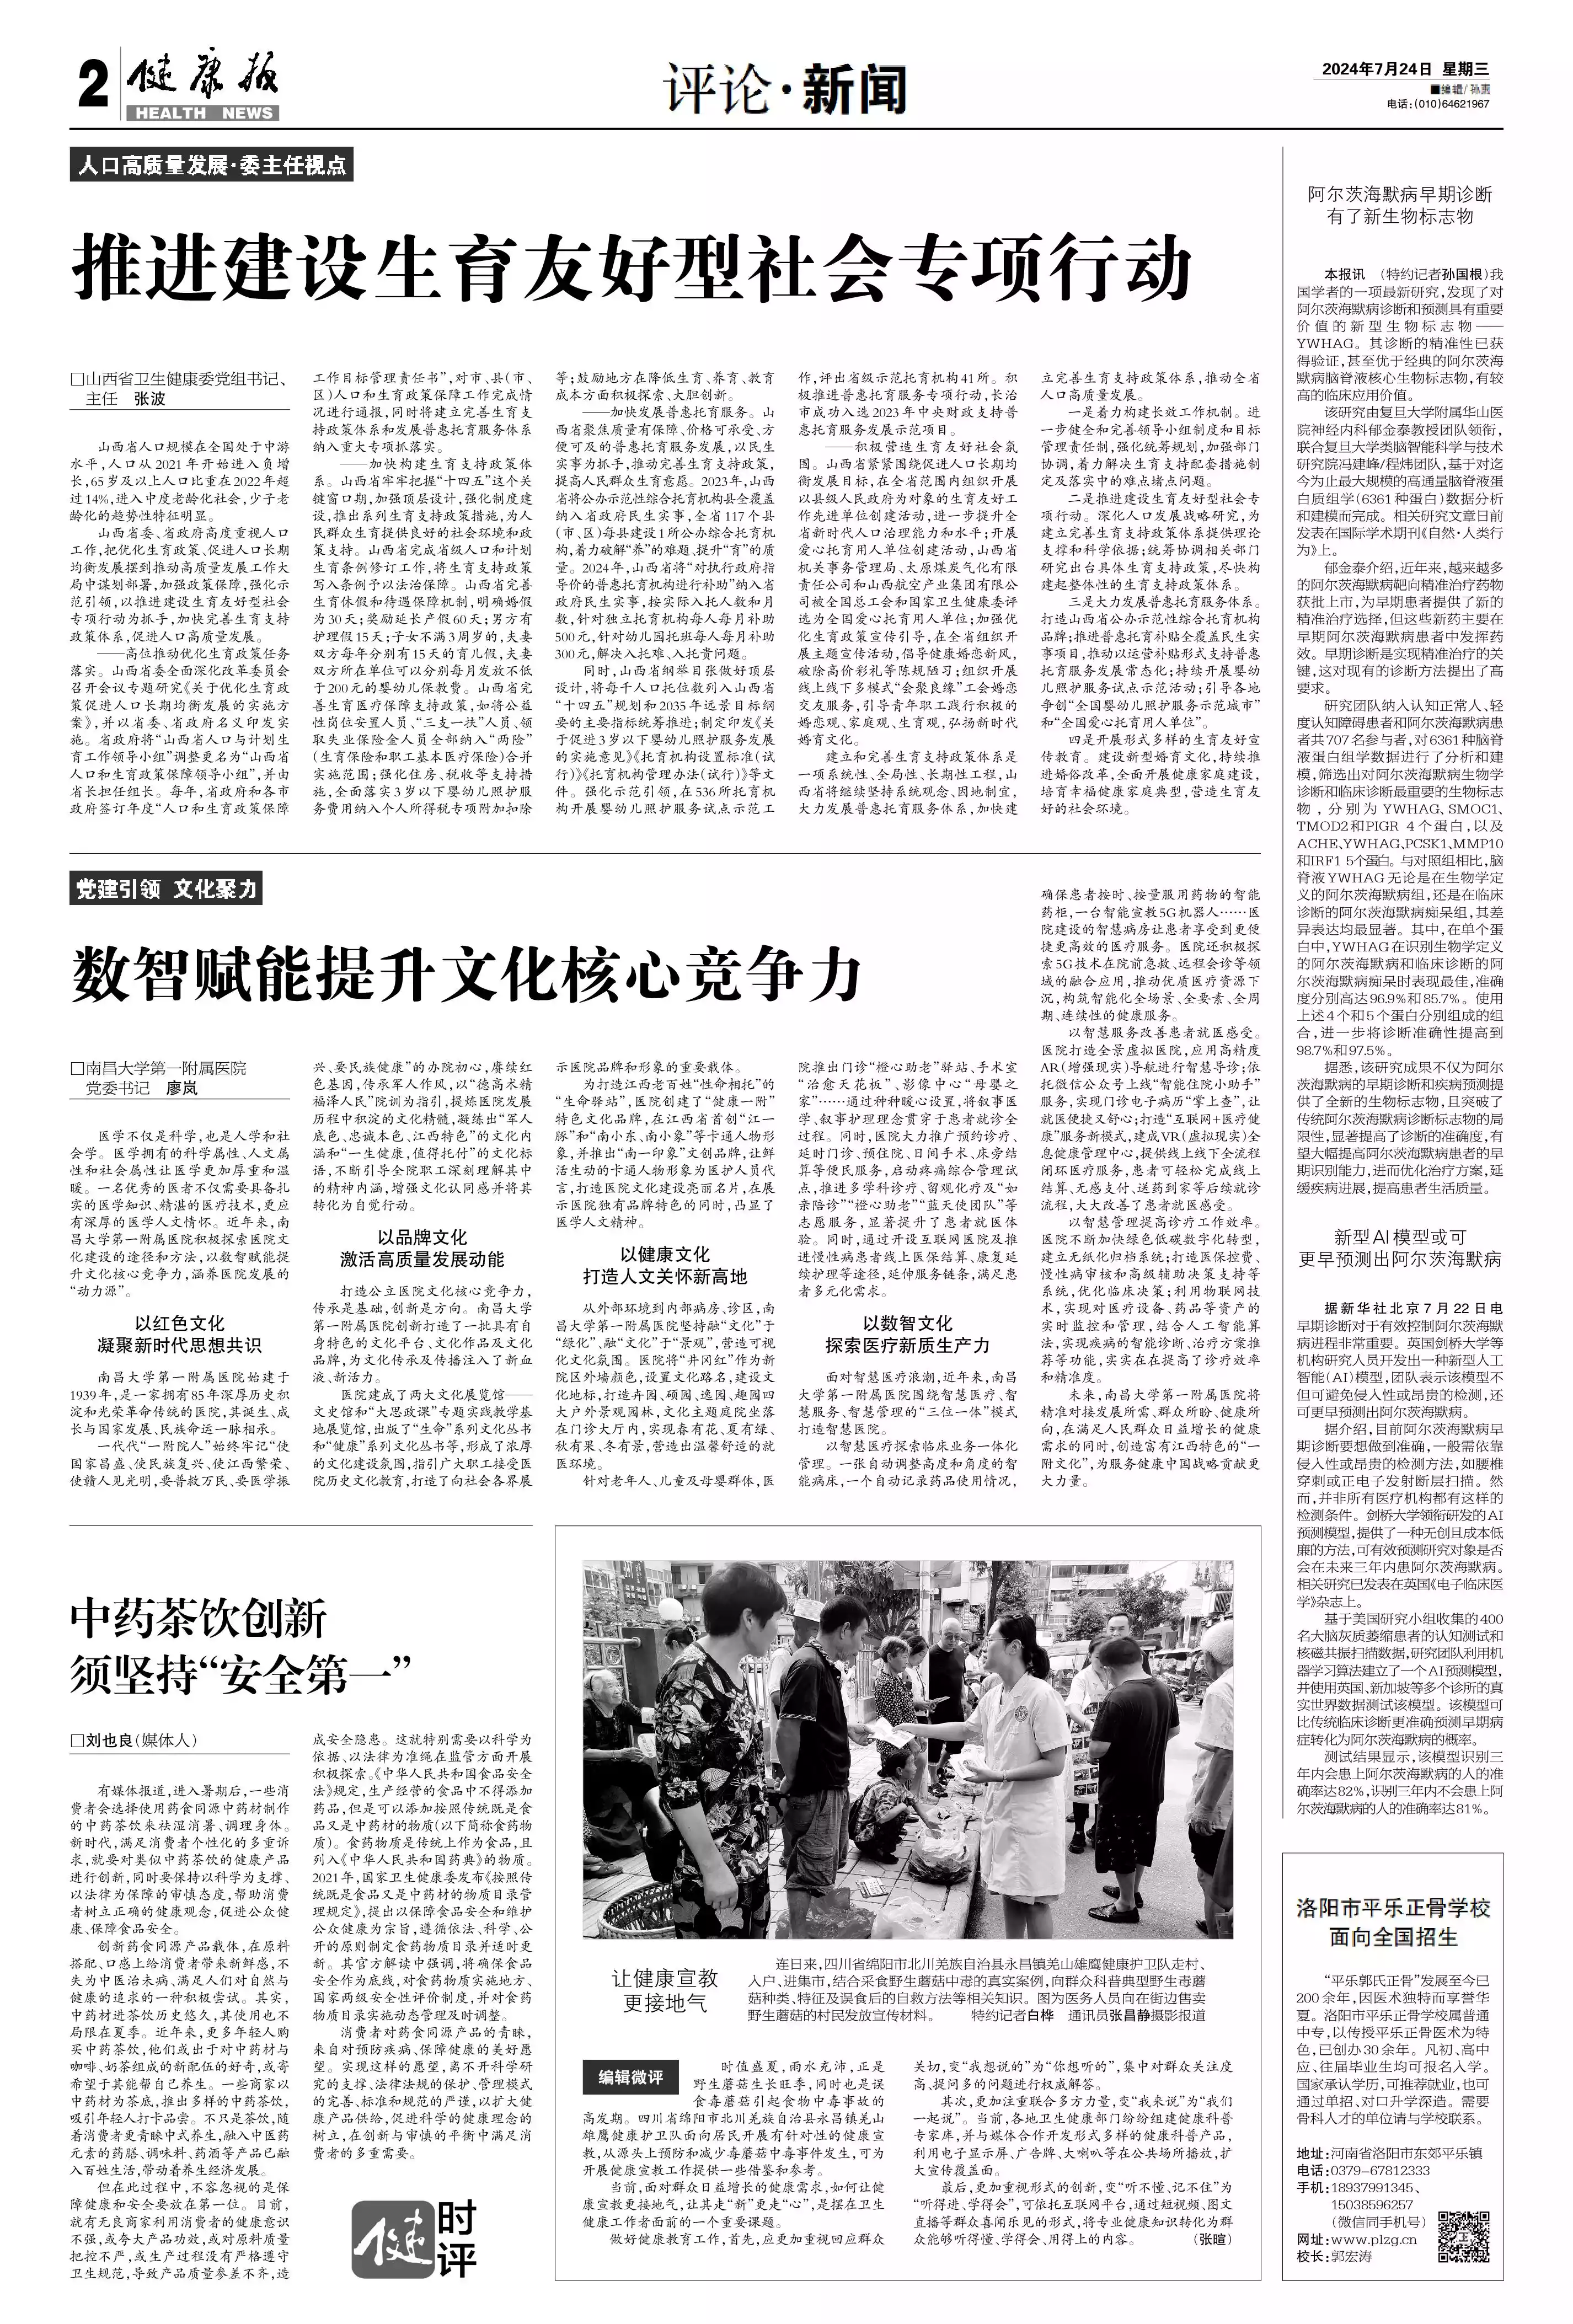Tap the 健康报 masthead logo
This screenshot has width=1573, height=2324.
click(x=203, y=80)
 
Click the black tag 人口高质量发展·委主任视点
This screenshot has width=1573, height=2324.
click(x=211, y=165)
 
